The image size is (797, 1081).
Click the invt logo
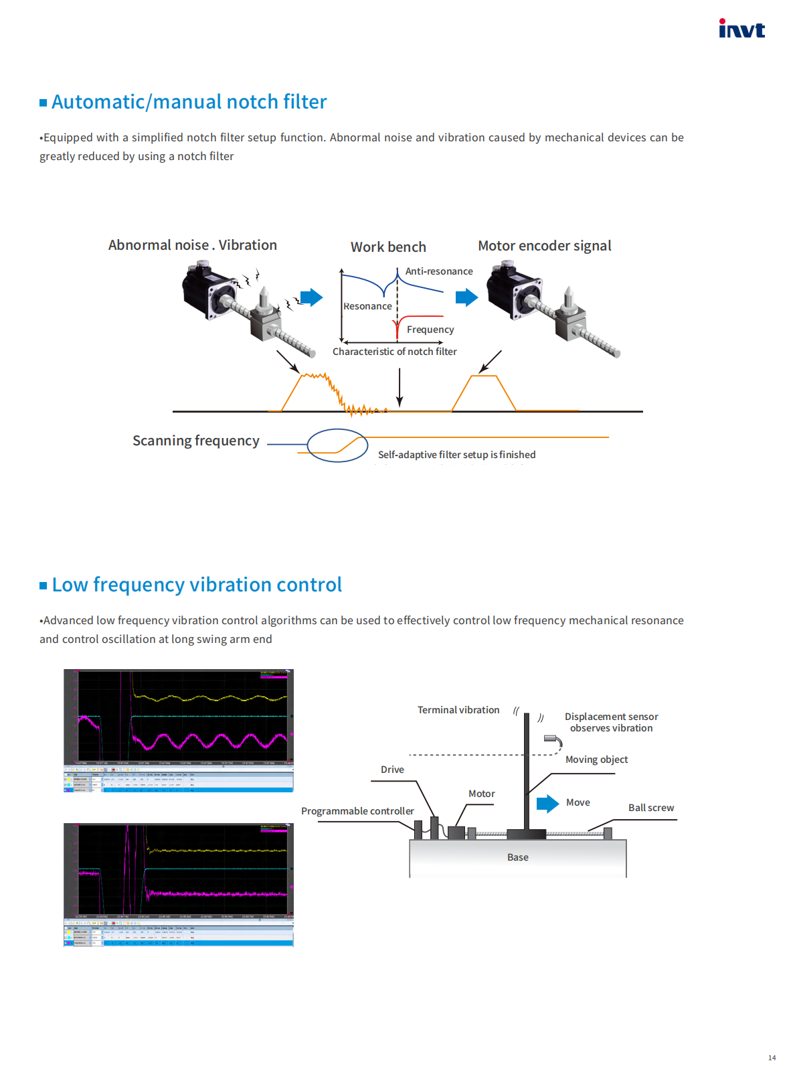[741, 29]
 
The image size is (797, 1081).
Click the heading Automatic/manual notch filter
[189, 102]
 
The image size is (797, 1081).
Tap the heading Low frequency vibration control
[197, 585]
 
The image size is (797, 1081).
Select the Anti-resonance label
[439, 271]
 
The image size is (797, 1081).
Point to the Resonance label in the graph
[367, 306]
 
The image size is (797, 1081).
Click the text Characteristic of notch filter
[395, 352]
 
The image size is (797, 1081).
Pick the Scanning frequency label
[195, 441]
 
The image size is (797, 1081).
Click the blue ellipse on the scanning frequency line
[337, 445]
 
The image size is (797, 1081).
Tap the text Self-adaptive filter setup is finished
[456, 455]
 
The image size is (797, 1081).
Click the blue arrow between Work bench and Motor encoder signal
[466, 297]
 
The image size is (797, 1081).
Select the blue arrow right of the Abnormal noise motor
[311, 297]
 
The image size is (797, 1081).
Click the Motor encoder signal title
[544, 246]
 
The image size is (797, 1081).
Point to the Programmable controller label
[357, 811]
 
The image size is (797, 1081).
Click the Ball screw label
[650, 808]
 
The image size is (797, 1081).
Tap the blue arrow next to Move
[547, 803]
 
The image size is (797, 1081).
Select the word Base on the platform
[517, 857]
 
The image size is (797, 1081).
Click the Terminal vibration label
[458, 710]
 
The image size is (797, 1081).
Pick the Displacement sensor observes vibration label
[611, 722]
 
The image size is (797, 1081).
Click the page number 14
[772, 1058]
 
